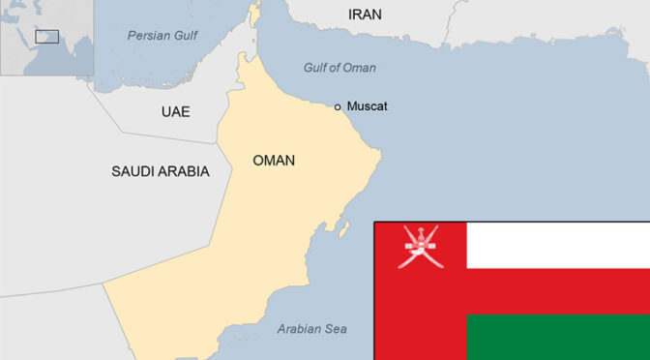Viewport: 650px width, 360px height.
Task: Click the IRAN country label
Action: click(365, 15)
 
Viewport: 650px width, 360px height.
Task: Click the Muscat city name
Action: click(367, 106)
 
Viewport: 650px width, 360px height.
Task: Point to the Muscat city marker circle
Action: click(338, 106)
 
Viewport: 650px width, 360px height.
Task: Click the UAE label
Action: click(175, 112)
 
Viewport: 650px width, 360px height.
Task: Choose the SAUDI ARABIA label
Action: click(160, 171)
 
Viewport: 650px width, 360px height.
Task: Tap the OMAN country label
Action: click(274, 161)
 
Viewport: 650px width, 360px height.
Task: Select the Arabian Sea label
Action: click(311, 329)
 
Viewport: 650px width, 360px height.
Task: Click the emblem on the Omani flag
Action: click(420, 246)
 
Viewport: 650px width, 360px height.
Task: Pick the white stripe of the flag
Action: click(557, 246)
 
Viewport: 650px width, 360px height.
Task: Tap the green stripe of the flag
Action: click(557, 337)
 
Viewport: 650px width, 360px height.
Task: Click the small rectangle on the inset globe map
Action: click(46, 37)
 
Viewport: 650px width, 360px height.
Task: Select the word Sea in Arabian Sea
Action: click(335, 329)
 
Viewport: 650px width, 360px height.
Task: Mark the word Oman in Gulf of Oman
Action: click(359, 68)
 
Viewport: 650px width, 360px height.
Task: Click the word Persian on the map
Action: click(147, 36)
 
